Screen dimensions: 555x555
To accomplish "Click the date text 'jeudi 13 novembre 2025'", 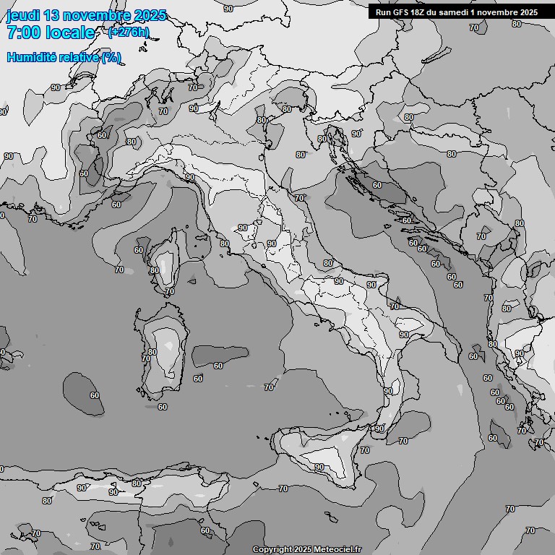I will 86,15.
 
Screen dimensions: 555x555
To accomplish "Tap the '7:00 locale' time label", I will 51,33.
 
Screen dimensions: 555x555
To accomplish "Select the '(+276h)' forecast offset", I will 129,32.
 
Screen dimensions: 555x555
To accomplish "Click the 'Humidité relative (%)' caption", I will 64,57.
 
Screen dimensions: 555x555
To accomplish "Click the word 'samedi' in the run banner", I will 454,12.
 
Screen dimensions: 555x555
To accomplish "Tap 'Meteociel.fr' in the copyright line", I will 336,549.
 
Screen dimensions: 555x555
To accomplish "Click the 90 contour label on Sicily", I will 319,467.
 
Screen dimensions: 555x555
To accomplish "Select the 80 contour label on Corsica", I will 154,271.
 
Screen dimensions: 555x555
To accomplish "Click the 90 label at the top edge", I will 228,9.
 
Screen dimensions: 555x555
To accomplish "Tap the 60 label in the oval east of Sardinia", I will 218,366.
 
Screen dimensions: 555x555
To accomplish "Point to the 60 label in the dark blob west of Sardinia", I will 94,395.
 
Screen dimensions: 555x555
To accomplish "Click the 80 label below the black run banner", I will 516,24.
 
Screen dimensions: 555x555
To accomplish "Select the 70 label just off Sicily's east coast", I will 365,450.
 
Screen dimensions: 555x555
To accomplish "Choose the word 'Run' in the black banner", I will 383,12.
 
